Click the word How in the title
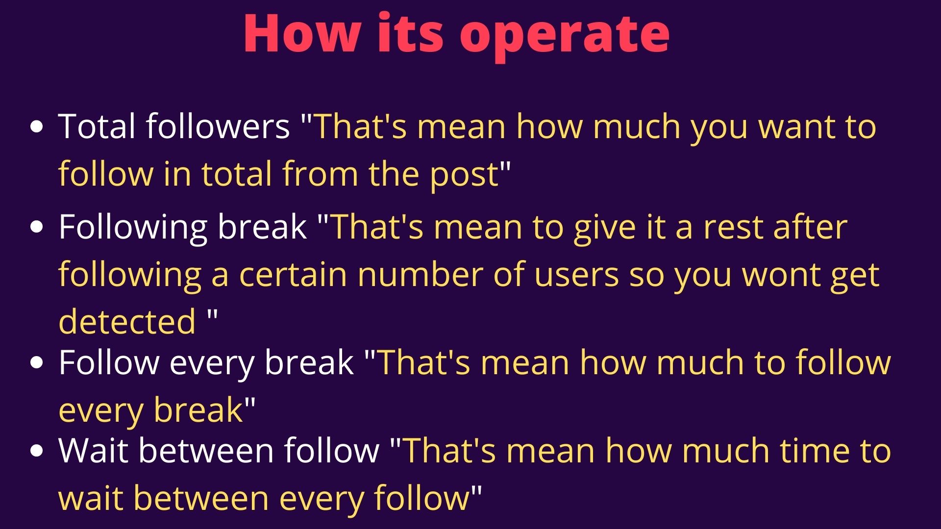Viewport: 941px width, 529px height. point(301,33)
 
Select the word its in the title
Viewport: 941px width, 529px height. point(410,33)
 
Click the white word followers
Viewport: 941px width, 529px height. point(218,126)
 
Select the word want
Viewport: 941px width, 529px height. point(797,128)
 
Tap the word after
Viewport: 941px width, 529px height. point(811,226)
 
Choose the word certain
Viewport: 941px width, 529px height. point(293,275)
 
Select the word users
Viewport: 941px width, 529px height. point(576,277)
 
